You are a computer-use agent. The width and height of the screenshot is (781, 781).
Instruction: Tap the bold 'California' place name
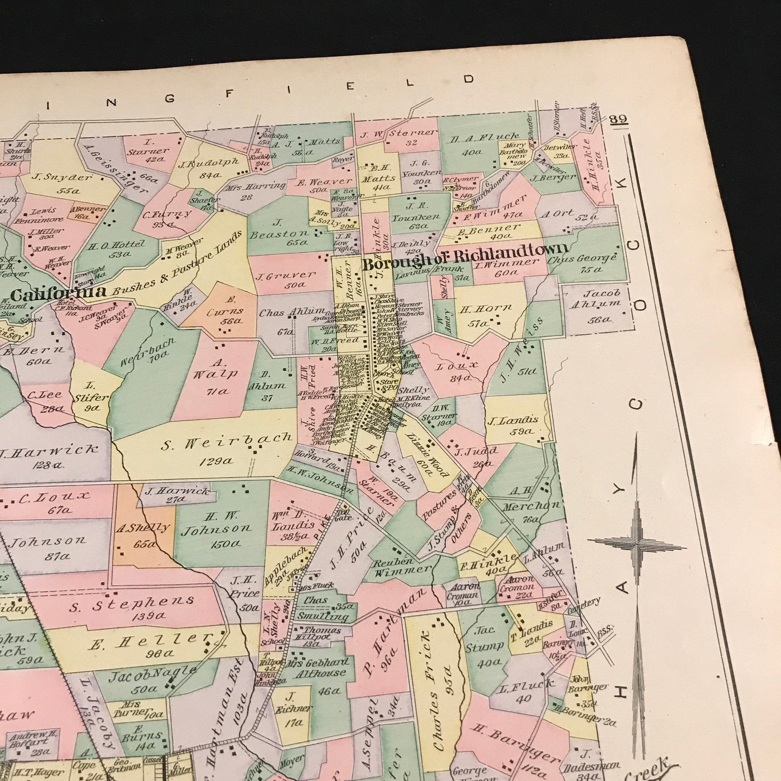(58, 295)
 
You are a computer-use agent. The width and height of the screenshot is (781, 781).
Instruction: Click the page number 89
(618, 120)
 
